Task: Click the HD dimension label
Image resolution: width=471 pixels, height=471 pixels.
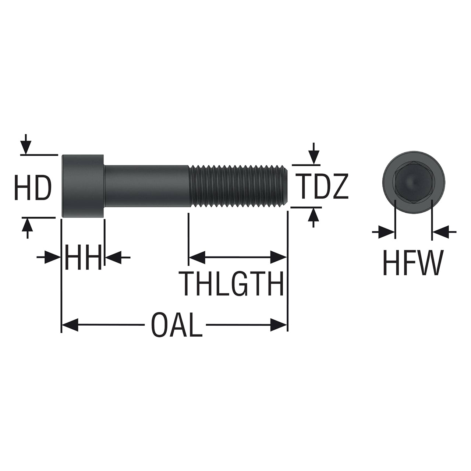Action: click(33, 187)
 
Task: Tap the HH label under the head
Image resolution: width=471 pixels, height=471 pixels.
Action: click(83, 257)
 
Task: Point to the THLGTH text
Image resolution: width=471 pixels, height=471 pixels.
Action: click(231, 283)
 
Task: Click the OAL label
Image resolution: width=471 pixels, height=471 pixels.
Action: click(177, 325)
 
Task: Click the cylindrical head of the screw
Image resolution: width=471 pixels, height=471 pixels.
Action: click(83, 186)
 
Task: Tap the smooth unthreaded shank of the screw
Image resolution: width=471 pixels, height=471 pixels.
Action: click(147, 186)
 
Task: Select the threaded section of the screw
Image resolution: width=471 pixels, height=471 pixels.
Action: click(238, 186)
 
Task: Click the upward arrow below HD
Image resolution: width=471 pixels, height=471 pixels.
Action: click(27, 228)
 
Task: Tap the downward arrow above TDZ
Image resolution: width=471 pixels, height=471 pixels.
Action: click(314, 153)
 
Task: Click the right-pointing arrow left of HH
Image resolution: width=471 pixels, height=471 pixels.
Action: click(49, 257)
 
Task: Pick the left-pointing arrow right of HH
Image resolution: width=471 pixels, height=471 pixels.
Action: click(118, 257)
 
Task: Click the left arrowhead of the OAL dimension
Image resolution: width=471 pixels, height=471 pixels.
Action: click(70, 325)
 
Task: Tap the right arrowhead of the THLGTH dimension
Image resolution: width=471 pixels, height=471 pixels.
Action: click(279, 257)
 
